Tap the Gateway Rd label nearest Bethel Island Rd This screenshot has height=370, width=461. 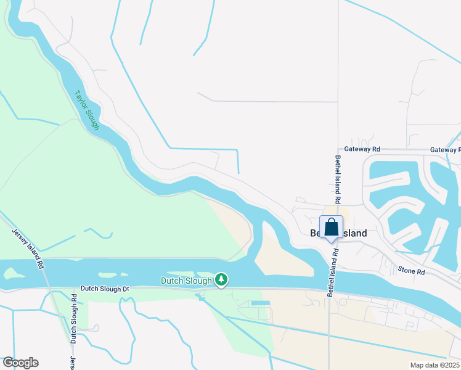pos(362,149)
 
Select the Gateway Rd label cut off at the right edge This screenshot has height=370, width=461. pos(445,150)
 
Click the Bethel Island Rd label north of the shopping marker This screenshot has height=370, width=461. pos(338,179)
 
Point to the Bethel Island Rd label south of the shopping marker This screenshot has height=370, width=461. pos(333,272)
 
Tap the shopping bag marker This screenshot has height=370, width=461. pos(331,228)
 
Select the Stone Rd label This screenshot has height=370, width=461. pos(411,270)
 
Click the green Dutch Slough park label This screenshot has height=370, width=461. pos(186,281)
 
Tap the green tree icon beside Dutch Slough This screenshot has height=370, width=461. pos(221,281)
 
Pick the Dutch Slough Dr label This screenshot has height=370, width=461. pos(104,289)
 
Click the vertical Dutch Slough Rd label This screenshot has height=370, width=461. pos(73,319)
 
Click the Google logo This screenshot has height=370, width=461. pos(20,363)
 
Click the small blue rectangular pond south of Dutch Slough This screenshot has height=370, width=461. pos(260,303)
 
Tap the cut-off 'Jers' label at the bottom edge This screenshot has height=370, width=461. pos(72,363)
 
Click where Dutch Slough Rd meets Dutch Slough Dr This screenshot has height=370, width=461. pos(68,289)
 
